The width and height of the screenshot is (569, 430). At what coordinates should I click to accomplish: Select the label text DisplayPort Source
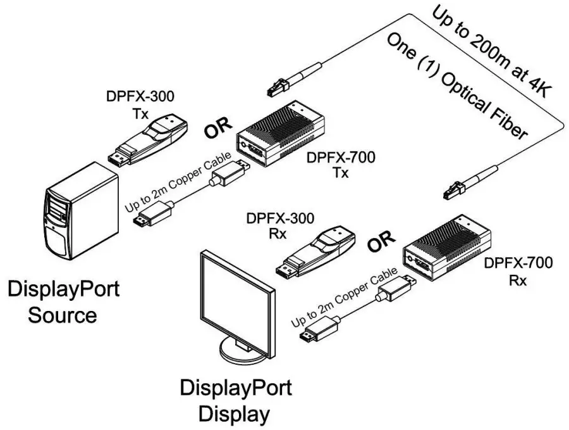[x=63, y=302]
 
